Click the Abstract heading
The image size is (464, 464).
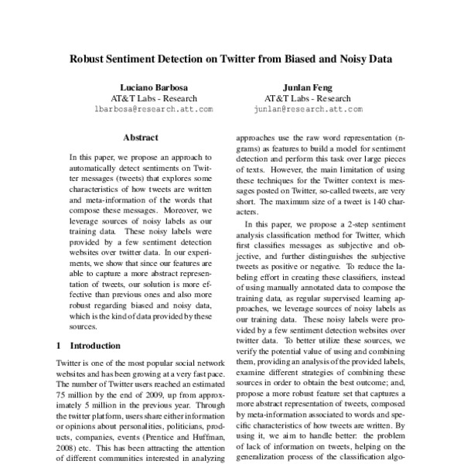(x=142, y=137)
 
